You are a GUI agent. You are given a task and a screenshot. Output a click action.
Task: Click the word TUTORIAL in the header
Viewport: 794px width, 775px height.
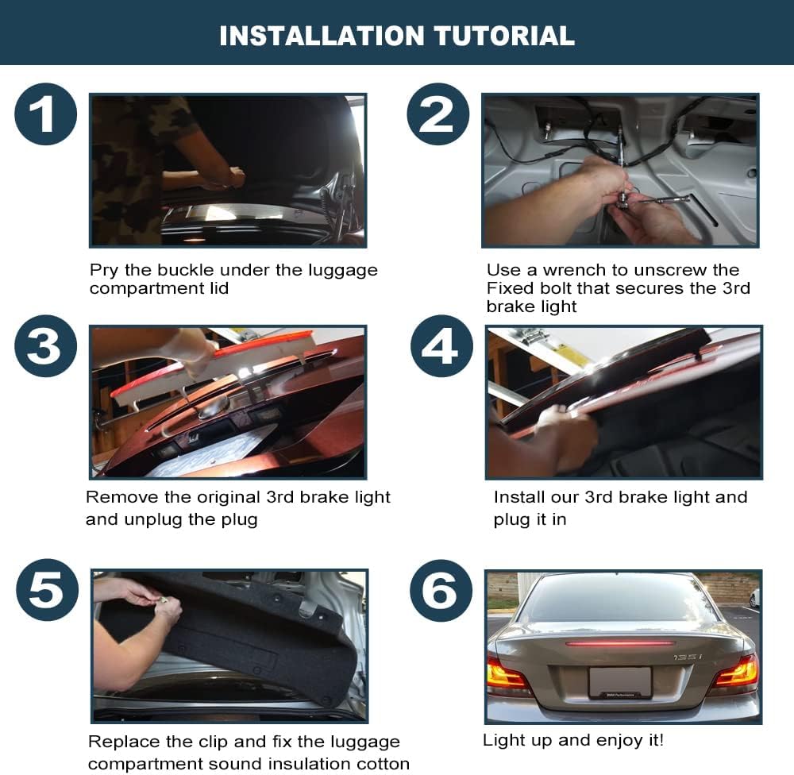pyautogui.click(x=504, y=36)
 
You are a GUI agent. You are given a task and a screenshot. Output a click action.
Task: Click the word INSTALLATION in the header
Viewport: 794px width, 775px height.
pyautogui.click(x=322, y=36)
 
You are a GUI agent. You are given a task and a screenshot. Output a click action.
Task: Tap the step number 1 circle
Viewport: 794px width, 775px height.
pyautogui.click(x=45, y=114)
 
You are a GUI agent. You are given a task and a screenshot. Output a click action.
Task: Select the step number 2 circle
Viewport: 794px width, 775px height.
pyautogui.click(x=438, y=114)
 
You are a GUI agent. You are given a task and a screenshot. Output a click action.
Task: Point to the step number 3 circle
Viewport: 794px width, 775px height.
pyautogui.click(x=45, y=346)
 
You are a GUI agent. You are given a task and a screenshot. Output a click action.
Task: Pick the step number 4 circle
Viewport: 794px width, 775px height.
pyautogui.click(x=441, y=346)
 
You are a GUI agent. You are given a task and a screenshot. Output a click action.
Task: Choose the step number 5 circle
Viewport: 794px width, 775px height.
pyautogui.click(x=47, y=590)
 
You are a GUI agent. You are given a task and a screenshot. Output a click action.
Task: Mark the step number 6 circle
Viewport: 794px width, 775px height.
pyautogui.click(x=441, y=591)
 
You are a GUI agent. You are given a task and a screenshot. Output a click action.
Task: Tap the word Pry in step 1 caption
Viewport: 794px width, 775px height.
pyautogui.click(x=104, y=271)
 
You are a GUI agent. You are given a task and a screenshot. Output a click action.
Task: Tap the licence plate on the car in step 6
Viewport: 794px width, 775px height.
pyautogui.click(x=620, y=683)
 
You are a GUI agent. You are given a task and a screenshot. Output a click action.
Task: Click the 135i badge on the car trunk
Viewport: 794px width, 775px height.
pyautogui.click(x=688, y=657)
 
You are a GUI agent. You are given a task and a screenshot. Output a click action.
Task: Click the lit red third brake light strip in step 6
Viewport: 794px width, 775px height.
pyautogui.click(x=620, y=644)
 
